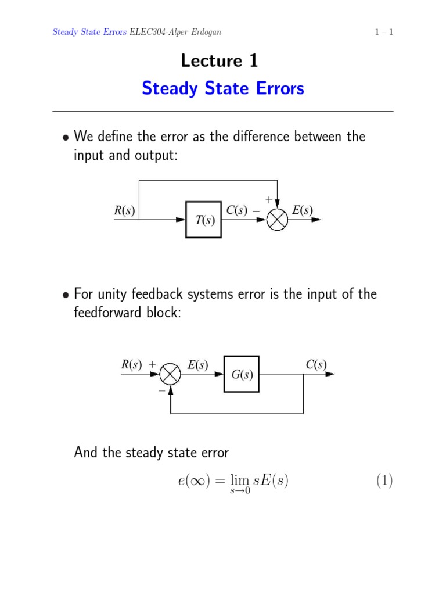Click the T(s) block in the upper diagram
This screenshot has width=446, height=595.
click(x=203, y=220)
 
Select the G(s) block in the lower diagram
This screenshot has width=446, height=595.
click(x=242, y=374)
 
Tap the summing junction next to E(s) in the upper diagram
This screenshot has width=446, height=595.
click(x=277, y=220)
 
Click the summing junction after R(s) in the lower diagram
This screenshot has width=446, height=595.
click(x=170, y=374)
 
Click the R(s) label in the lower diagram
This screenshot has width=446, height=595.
click(x=131, y=365)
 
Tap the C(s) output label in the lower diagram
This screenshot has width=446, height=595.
click(x=316, y=365)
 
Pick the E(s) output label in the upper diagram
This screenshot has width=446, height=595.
click(x=303, y=211)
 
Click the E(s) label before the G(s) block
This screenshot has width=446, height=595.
click(x=197, y=365)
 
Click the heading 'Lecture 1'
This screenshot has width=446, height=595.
click(x=220, y=60)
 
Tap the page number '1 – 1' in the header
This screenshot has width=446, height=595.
click(x=384, y=32)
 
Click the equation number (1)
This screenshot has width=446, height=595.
click(x=384, y=481)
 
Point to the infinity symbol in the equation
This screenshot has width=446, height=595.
click(x=200, y=481)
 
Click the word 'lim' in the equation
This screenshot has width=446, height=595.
click(x=239, y=481)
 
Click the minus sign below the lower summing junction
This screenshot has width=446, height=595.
click(x=161, y=392)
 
